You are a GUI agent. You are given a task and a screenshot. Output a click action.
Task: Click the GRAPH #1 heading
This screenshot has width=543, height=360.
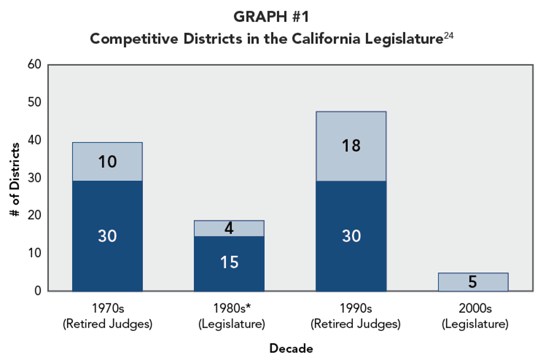click(x=271, y=17)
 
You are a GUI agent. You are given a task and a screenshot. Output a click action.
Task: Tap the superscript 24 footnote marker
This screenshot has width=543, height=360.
click(x=449, y=36)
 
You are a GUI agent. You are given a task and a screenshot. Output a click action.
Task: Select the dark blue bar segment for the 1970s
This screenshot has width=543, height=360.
click(x=107, y=236)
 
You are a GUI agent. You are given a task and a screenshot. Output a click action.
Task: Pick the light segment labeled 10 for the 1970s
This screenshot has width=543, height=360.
click(x=107, y=161)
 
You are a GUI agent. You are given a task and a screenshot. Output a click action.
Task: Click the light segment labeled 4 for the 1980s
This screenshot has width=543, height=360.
click(x=229, y=228)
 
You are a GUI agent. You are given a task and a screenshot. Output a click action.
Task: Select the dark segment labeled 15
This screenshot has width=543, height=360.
click(x=229, y=263)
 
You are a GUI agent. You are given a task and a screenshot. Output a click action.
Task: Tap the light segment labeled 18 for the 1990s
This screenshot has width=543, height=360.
click(x=351, y=146)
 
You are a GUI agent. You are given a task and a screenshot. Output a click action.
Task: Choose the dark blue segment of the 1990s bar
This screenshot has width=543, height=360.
click(x=351, y=236)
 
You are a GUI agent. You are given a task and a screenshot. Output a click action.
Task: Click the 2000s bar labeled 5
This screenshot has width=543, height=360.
click(x=473, y=282)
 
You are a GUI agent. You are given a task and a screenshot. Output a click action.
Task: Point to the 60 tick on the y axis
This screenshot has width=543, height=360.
click(x=34, y=64)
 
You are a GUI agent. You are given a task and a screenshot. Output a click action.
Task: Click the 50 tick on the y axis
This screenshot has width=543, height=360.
click(x=34, y=102)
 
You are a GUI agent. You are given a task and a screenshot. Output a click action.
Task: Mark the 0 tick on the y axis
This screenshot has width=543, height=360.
click(x=38, y=291)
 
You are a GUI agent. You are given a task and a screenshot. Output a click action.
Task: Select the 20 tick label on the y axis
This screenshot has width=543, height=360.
click(x=34, y=215)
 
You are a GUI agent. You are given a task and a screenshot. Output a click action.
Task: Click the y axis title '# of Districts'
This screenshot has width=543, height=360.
click(x=15, y=179)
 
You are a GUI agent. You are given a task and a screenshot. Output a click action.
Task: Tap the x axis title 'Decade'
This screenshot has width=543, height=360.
click(x=291, y=348)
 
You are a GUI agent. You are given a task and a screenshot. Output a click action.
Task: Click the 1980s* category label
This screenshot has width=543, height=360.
click(x=232, y=308)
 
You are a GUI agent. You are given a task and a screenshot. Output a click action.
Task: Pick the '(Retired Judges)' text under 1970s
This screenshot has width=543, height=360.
click(x=107, y=324)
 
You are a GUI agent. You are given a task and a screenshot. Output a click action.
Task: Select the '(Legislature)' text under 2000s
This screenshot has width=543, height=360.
click(x=475, y=324)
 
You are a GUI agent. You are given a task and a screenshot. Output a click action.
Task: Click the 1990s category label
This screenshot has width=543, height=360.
click(x=356, y=308)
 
